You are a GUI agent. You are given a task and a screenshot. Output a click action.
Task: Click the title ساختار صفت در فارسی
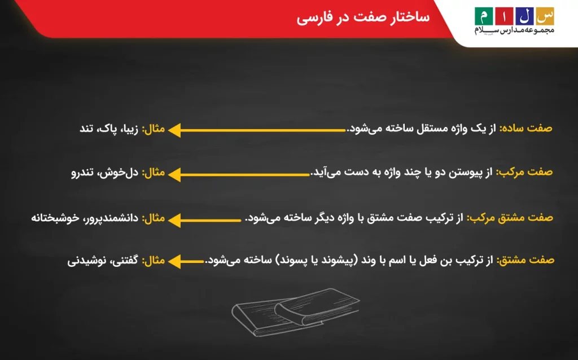pos(364,17)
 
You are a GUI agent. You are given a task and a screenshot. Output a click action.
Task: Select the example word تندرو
pos(82,172)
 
